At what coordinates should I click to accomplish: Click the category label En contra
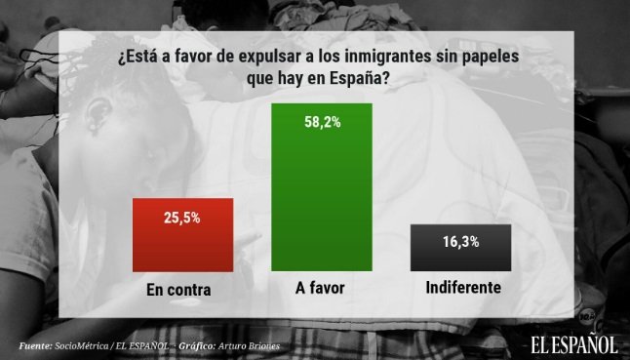[179, 290]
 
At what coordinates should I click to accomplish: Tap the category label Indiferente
[463, 289]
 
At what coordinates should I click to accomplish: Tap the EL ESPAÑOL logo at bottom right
[574, 342]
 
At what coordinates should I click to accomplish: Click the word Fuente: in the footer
[36, 345]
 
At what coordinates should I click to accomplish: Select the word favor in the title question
[189, 58]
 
